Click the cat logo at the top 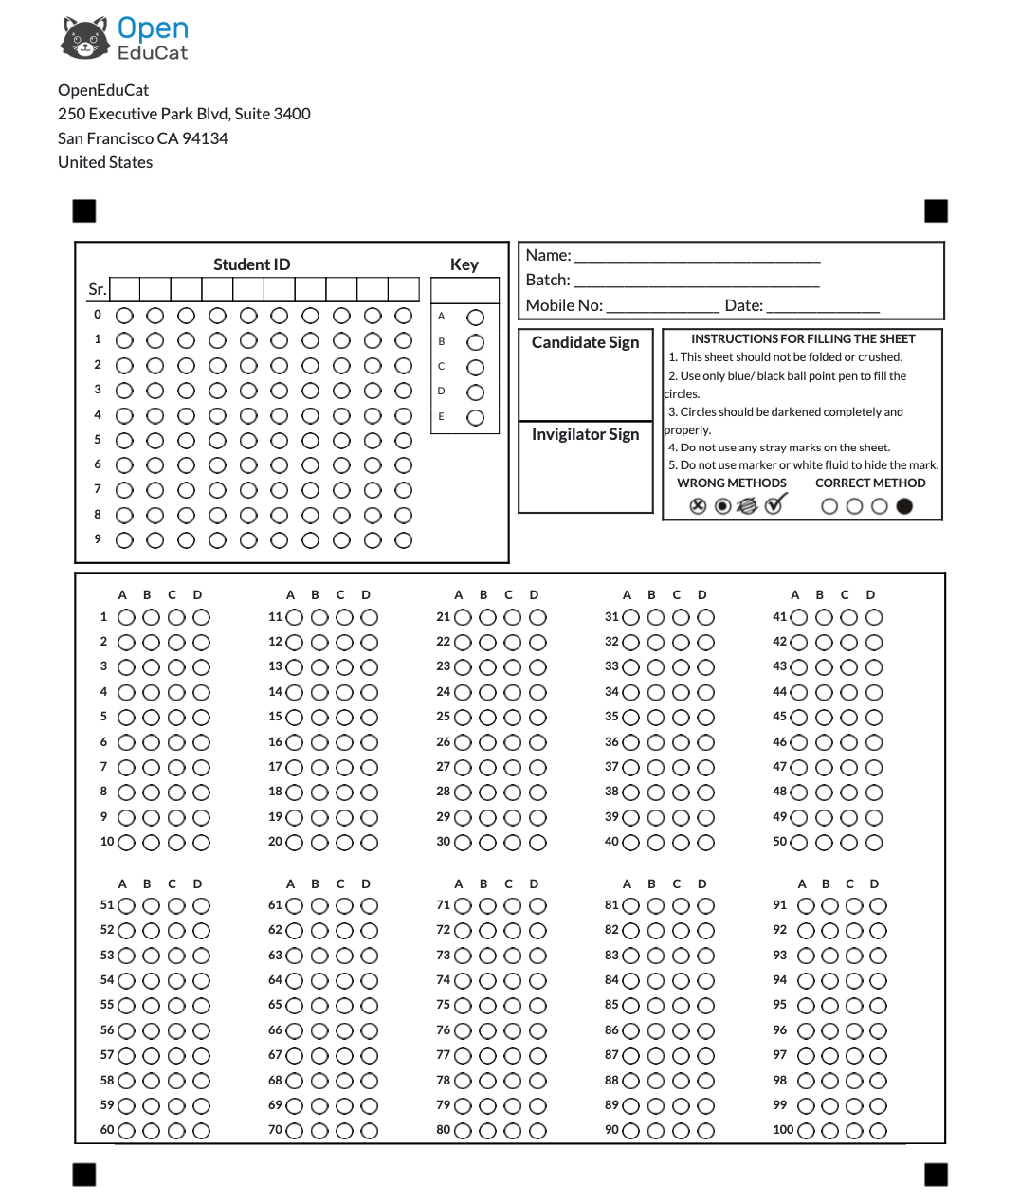[85, 38]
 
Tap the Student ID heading [251, 264]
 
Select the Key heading [464, 264]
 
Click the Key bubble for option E [476, 417]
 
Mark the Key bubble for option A [476, 318]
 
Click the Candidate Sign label [585, 342]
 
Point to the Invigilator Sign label [585, 434]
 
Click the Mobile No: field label [564, 305]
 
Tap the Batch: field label [548, 280]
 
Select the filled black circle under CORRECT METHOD [904, 506]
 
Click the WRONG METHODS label [731, 483]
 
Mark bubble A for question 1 [126, 617]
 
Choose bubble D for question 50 [874, 843]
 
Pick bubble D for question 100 [879, 1131]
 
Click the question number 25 [443, 717]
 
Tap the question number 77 [443, 1055]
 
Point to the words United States [105, 162]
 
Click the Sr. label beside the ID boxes [97, 289]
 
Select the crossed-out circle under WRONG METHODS [698, 506]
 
